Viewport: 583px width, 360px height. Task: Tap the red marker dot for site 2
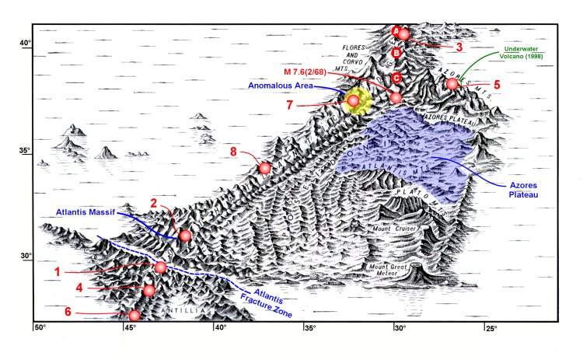(185, 236)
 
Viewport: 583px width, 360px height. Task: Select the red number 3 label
(459, 47)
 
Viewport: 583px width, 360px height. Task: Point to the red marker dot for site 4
(149, 291)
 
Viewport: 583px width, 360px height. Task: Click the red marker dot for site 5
(452, 84)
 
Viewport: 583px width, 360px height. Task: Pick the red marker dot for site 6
(134, 316)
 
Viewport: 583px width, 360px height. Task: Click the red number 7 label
(290, 104)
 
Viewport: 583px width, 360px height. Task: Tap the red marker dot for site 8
(265, 168)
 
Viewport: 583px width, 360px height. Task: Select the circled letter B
(396, 54)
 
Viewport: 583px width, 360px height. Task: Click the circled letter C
(396, 78)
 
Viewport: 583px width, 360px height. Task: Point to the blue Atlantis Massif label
(87, 211)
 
